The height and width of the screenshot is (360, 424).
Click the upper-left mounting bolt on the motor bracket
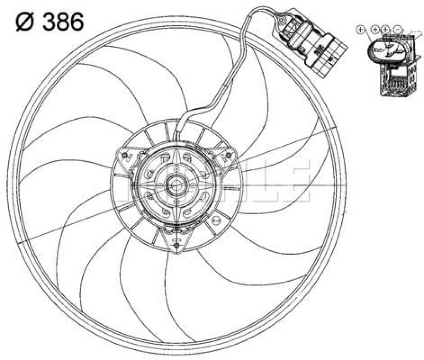point(124,156)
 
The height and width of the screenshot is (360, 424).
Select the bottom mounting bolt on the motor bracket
point(177,247)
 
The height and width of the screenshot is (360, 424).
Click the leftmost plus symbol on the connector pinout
point(361,29)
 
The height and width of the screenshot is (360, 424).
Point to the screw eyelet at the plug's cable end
point(282,19)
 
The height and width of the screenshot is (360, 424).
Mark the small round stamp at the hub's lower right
point(216,220)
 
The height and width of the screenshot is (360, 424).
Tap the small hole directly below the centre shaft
point(176,202)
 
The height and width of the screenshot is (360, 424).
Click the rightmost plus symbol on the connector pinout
point(386,29)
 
